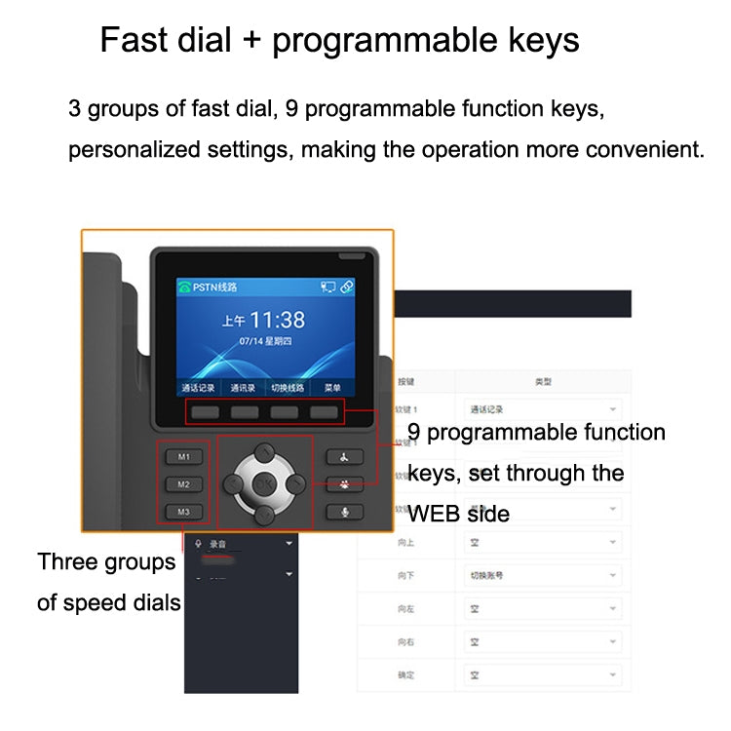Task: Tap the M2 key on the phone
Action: click(183, 483)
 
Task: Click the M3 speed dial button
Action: click(183, 512)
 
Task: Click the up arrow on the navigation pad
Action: click(263, 451)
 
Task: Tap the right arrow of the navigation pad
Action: click(295, 482)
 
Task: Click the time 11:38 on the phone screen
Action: click(277, 320)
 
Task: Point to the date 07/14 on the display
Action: click(251, 342)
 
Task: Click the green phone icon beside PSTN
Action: click(183, 288)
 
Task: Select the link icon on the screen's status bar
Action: click(347, 288)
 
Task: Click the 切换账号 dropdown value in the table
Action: click(486, 575)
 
